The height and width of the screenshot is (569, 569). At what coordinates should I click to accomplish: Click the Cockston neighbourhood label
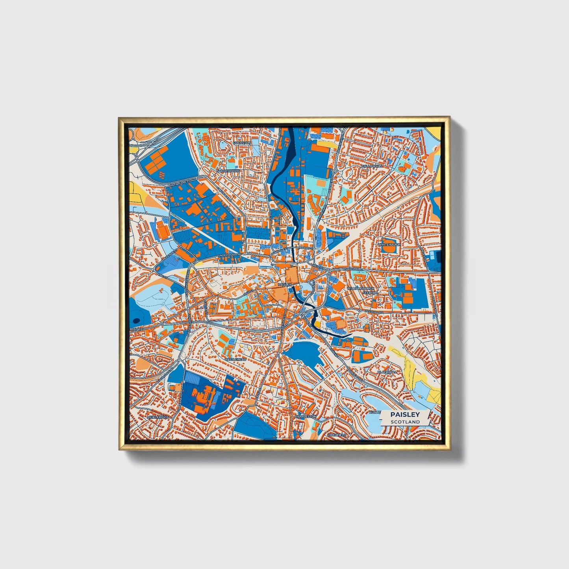242,143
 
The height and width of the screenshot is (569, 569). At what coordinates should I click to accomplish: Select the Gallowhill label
372,166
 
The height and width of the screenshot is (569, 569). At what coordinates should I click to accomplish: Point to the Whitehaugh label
389,245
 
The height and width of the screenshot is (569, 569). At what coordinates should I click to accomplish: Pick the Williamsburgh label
360,289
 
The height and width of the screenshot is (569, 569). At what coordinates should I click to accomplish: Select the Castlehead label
235,360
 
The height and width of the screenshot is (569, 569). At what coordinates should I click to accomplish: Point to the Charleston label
306,416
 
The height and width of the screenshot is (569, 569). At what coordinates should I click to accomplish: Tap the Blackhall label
387,372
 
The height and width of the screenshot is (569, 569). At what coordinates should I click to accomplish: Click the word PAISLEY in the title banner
405,414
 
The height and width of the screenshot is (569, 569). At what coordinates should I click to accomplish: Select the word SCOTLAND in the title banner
405,422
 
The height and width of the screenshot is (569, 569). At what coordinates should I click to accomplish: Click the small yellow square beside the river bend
318,324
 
